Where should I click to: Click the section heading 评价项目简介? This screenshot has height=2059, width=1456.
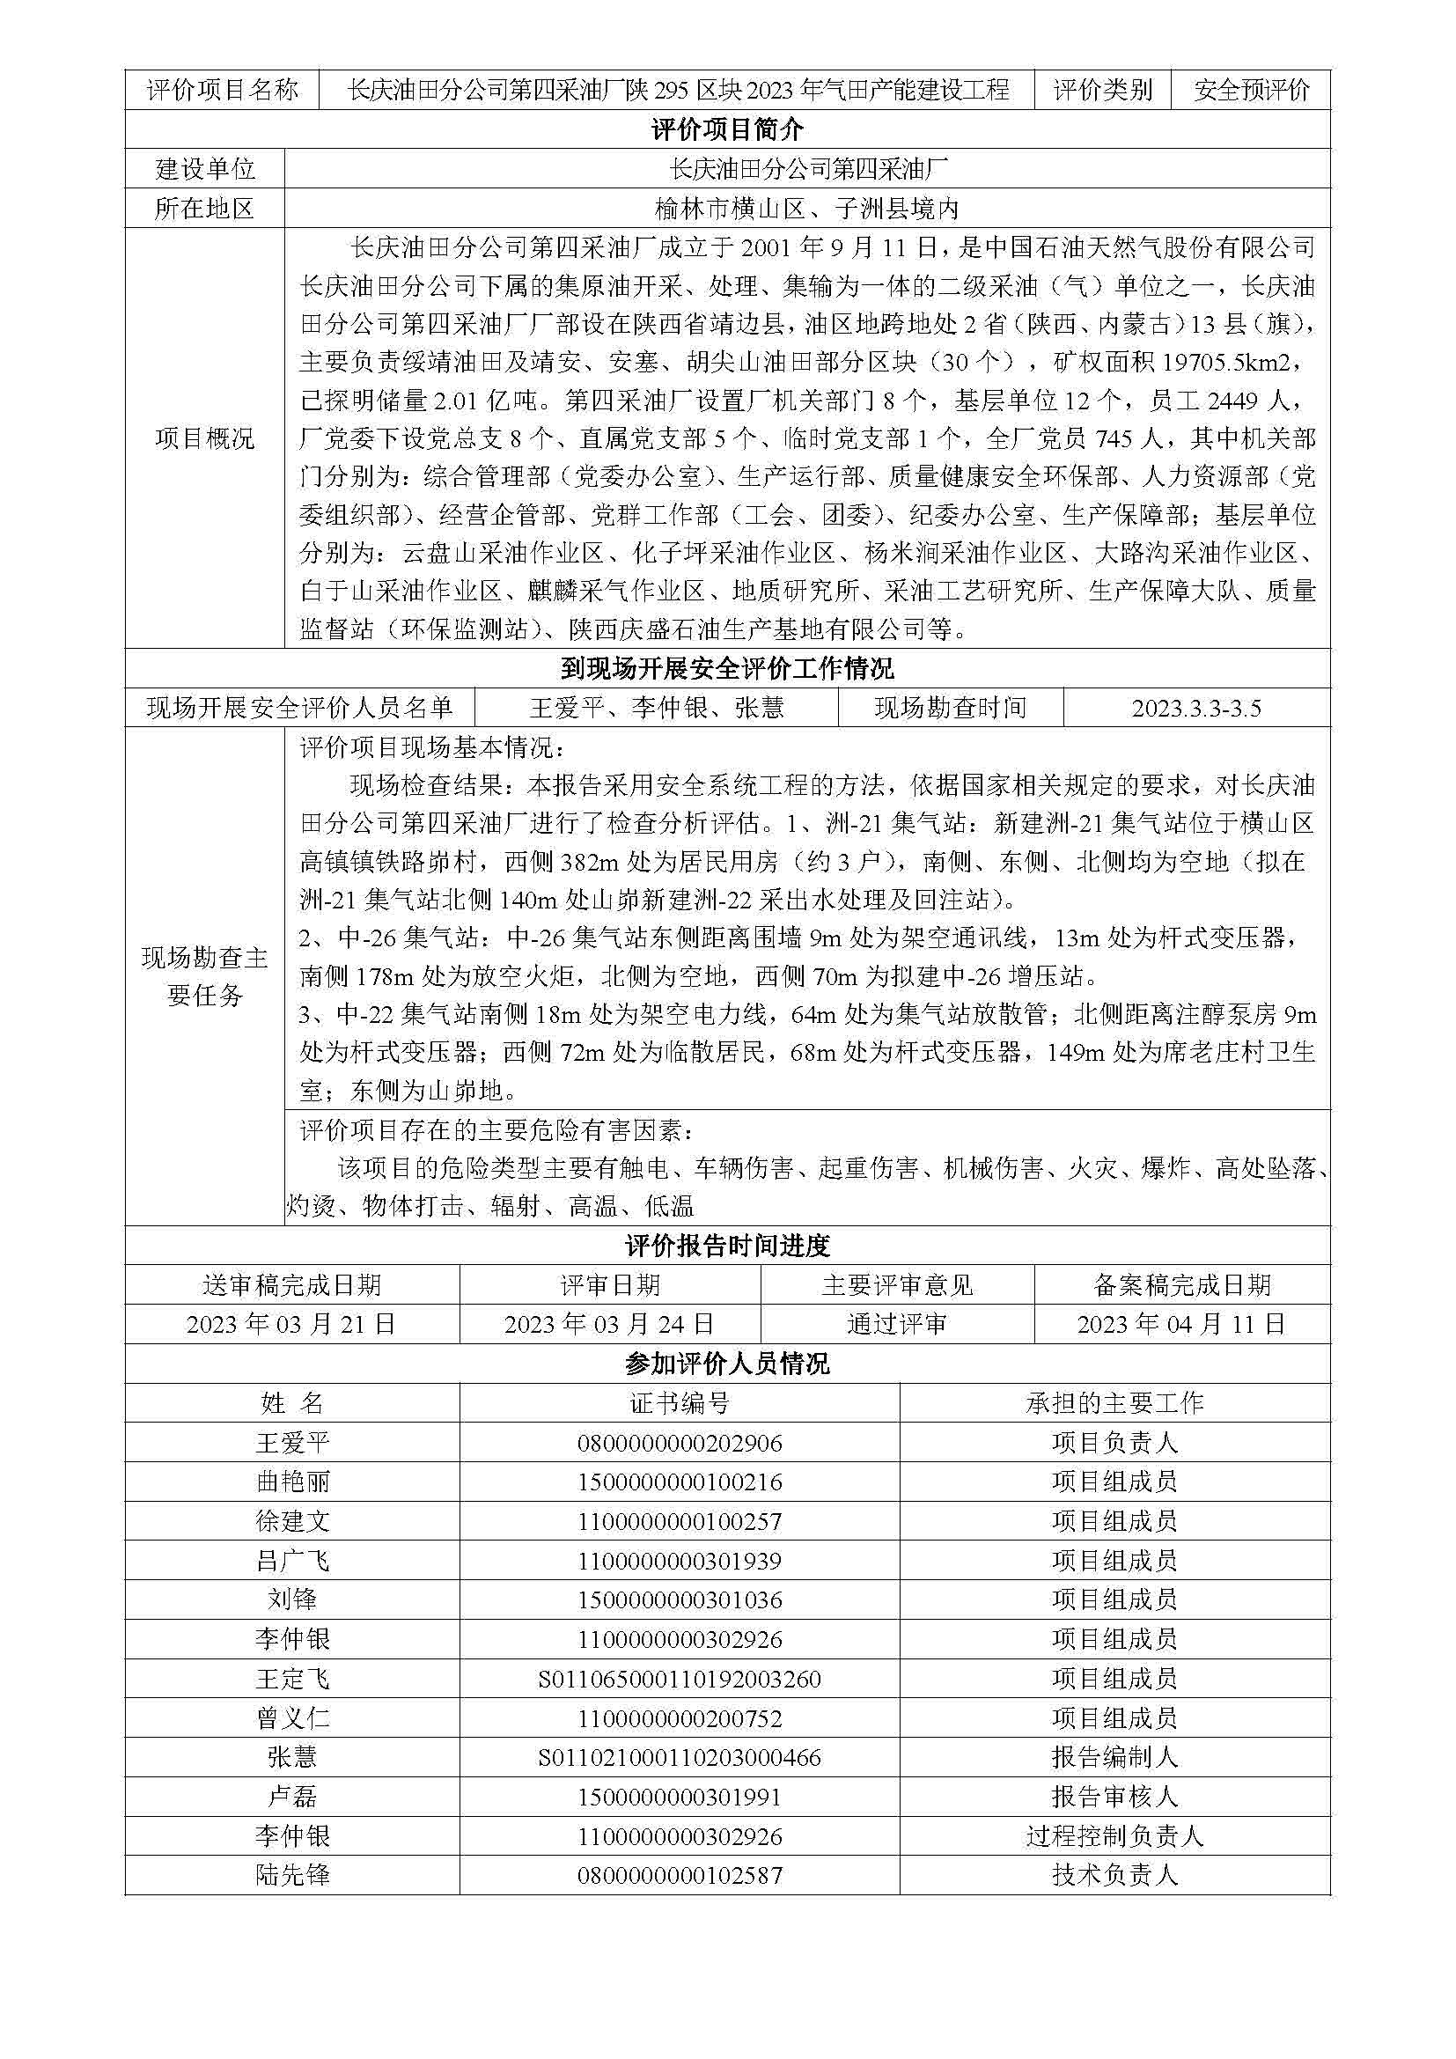pos(727,130)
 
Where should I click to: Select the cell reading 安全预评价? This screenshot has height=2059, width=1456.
pos(1251,90)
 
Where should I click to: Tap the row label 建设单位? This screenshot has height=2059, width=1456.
pos(205,169)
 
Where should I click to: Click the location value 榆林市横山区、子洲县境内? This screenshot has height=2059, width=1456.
pos(807,209)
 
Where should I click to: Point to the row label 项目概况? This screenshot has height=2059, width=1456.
pos(205,438)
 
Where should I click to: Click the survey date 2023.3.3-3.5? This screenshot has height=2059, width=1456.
pos(1196,709)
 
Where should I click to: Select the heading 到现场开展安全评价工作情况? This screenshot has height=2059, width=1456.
pos(727,669)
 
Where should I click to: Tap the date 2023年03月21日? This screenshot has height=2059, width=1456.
pos(291,1324)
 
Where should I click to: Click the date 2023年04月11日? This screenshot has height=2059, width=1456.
pos(1181,1324)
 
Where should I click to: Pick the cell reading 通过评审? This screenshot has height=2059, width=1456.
pos(896,1324)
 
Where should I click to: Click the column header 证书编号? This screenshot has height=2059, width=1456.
pos(680,1403)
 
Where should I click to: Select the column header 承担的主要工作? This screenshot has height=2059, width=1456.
pos(1114,1403)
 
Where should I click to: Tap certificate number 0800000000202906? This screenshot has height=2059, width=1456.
pos(680,1443)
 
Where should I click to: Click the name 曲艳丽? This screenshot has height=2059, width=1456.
pos(292,1482)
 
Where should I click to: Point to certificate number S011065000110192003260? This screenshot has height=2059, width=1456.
pos(680,1679)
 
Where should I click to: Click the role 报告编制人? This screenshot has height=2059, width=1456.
pos(1114,1758)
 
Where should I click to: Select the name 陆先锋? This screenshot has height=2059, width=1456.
pos(292,1875)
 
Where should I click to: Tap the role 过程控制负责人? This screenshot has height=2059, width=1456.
pos(1114,1835)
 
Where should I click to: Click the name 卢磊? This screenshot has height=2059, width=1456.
pos(292,1797)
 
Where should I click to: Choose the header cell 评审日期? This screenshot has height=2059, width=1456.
pos(610,1285)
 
